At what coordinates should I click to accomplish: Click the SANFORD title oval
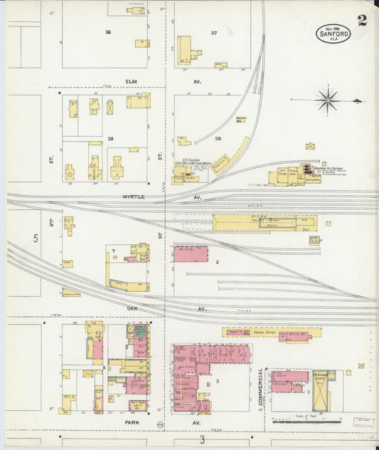(x=333, y=33)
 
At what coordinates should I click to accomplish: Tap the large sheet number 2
(x=363, y=20)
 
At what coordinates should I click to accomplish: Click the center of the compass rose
(x=327, y=99)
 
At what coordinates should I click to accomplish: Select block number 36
(x=108, y=32)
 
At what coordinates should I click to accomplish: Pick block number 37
(x=213, y=33)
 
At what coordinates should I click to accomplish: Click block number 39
(x=110, y=137)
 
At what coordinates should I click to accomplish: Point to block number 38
(x=218, y=138)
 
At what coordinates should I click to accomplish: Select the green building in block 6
(x=140, y=330)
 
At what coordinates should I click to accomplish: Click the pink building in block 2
(x=190, y=254)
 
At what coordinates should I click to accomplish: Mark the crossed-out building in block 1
(x=322, y=393)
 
